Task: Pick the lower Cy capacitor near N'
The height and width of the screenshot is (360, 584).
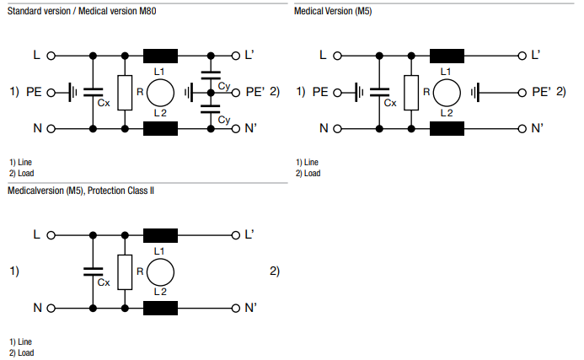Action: (211, 110)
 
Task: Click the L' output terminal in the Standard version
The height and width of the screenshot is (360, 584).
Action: (236, 56)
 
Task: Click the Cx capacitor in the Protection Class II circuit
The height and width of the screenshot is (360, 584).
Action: (91, 271)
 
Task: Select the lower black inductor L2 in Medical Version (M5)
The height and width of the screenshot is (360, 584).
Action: (447, 129)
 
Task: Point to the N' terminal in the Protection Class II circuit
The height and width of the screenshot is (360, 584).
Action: (236, 309)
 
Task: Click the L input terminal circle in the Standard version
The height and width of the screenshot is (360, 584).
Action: (51, 56)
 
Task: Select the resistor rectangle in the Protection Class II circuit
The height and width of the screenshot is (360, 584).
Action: (125, 271)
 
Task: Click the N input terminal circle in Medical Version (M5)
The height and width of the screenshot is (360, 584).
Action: (337, 129)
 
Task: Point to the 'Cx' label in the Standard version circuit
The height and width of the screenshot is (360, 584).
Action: (104, 103)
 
